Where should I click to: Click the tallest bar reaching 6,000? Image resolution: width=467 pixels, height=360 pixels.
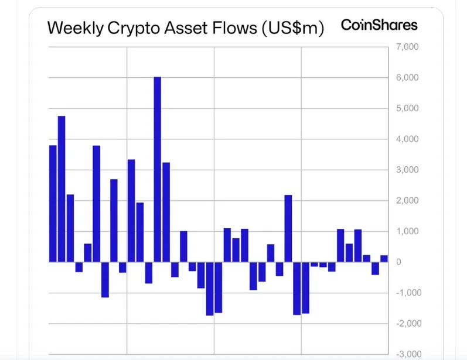157,170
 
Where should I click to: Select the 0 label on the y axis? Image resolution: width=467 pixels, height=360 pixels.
398,262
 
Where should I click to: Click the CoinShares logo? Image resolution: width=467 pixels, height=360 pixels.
379,25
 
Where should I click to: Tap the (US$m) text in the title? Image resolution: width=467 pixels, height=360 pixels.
291,28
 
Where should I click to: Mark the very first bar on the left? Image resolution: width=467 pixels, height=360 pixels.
53,203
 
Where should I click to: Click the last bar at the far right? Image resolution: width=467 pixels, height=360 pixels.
384,258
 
